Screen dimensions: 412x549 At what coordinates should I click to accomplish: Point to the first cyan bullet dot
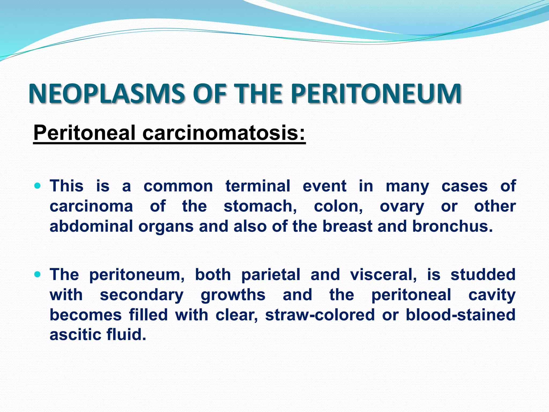pyautogui.click(x=38, y=186)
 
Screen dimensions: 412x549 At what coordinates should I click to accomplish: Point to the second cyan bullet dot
pyautogui.click(x=38, y=274)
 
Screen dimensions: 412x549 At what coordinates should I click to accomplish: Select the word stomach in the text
pyautogui.click(x=260, y=206)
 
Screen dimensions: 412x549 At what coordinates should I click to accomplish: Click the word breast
pyautogui.click(x=347, y=226)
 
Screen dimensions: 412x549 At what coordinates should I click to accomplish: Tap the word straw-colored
pyautogui.click(x=320, y=315)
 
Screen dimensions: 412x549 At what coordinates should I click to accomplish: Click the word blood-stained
pyautogui.click(x=461, y=315)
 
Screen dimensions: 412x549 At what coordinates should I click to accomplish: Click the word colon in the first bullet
pyautogui.click(x=338, y=206)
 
